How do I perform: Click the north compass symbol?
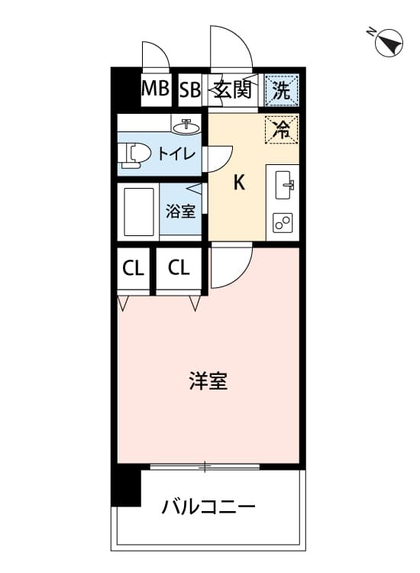pyautogui.click(x=389, y=42)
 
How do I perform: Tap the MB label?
pyautogui.click(x=155, y=89)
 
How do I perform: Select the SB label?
pyautogui.click(x=190, y=89)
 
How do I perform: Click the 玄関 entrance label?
pyautogui.click(x=233, y=89)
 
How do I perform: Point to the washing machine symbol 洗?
pyautogui.click(x=282, y=90)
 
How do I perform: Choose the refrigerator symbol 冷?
pyautogui.click(x=282, y=128)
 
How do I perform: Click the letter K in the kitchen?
pyautogui.click(x=239, y=182)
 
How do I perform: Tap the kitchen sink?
pyautogui.click(x=285, y=185)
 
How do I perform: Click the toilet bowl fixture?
pyautogui.click(x=135, y=155)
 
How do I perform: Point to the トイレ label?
pyautogui.click(x=176, y=154)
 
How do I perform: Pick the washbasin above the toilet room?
pyautogui.click(x=186, y=126)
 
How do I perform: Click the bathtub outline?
pyautogui.click(x=139, y=212)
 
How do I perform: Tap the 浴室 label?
pyautogui.click(x=180, y=211)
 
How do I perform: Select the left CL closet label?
pyautogui.click(x=133, y=269)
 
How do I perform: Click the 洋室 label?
pyautogui.click(x=208, y=380)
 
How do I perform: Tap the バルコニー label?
pyautogui.click(x=208, y=507)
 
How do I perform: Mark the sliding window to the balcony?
pyautogui.click(x=205, y=466)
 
